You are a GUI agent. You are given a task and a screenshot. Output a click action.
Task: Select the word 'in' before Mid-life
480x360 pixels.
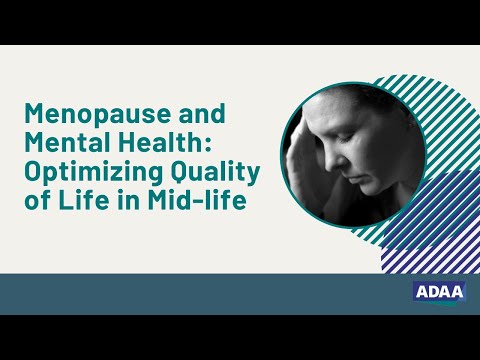(133, 200)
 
